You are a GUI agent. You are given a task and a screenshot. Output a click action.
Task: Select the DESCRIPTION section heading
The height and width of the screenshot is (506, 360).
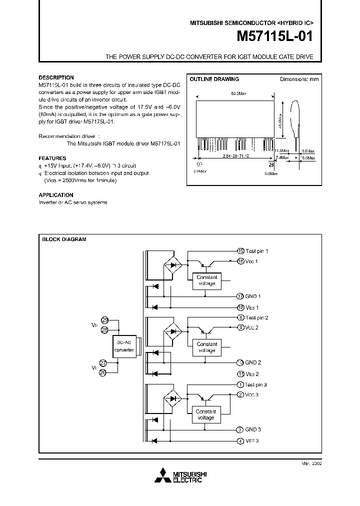(56, 78)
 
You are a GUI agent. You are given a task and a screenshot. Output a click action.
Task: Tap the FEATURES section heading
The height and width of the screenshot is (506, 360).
(52, 158)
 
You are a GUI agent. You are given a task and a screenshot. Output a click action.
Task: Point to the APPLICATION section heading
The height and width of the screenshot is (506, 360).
(56, 195)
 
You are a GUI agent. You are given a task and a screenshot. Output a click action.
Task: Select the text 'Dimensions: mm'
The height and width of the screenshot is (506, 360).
(298, 79)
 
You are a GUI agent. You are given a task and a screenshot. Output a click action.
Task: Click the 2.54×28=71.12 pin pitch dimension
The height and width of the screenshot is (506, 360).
(234, 156)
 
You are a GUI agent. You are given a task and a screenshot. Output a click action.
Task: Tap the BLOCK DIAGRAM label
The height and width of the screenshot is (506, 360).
(64, 239)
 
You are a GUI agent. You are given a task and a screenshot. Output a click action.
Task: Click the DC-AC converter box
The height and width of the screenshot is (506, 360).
(124, 346)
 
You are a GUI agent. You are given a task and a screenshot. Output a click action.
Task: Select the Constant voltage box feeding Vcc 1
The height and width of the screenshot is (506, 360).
(206, 280)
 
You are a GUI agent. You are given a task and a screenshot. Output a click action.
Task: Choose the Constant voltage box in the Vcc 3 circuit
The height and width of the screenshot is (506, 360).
(206, 414)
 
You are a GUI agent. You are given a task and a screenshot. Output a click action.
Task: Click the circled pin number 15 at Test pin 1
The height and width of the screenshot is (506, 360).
(240, 251)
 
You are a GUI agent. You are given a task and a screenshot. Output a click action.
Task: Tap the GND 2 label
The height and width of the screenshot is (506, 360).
(253, 362)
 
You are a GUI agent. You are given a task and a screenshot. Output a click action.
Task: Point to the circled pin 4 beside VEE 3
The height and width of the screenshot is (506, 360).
(240, 441)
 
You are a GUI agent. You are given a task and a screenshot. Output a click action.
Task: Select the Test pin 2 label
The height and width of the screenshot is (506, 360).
(257, 317)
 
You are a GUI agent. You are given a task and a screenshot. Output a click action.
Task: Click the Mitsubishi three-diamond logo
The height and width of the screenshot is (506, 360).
(163, 475)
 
